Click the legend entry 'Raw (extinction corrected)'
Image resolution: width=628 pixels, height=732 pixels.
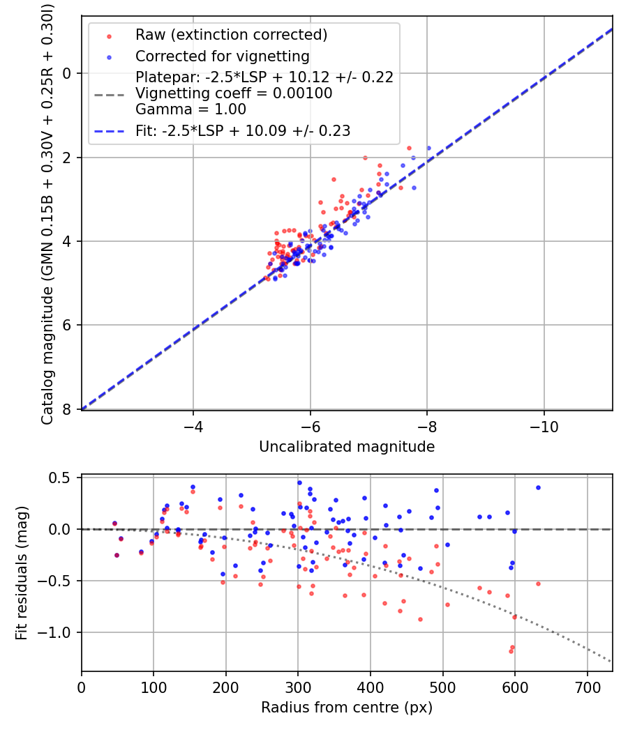[x=231, y=35]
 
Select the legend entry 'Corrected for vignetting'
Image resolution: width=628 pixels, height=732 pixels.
[x=222, y=56]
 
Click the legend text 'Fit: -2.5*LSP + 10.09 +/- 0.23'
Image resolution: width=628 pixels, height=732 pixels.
[x=243, y=130]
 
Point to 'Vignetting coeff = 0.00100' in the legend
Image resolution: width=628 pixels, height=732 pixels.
[x=234, y=93]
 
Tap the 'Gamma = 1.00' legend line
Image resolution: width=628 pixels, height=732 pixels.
[x=190, y=109]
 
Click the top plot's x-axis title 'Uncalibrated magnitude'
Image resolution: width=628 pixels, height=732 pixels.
[x=347, y=447]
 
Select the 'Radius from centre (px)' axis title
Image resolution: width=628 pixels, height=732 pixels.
[x=347, y=708]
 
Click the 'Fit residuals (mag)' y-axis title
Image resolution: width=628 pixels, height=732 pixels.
[x=22, y=573]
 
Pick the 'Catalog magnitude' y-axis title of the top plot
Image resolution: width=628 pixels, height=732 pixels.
[x=47, y=212]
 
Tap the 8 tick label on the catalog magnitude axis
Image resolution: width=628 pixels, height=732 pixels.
[x=68, y=409]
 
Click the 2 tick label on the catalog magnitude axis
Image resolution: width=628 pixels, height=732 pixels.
[x=68, y=158]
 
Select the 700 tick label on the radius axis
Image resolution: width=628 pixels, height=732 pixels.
[x=587, y=687]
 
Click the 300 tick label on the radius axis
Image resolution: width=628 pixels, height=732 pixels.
[x=298, y=687]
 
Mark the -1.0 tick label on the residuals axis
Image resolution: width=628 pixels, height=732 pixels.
[x=58, y=632]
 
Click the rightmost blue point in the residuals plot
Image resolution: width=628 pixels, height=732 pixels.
[x=538, y=487]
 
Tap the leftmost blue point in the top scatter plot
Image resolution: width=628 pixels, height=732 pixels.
[x=275, y=278]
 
